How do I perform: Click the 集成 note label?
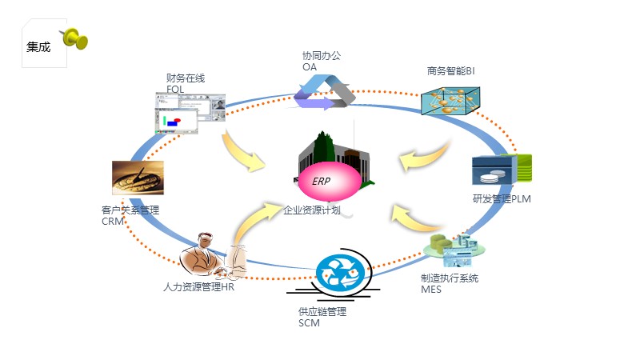pyautogui.click(x=38, y=47)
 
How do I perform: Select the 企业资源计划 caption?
pyautogui.click(x=311, y=210)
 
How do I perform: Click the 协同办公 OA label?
pyautogui.click(x=321, y=62)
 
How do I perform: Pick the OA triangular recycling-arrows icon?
pyautogui.click(x=325, y=91)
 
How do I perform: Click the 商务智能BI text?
pyautogui.click(x=451, y=71)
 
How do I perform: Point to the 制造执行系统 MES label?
pyautogui.click(x=449, y=283)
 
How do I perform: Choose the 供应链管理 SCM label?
pyautogui.click(x=322, y=317)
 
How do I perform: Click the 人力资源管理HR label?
pyautogui.click(x=198, y=286)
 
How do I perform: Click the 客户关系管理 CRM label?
pyautogui.click(x=130, y=215)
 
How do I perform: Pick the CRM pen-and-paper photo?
pyautogui.click(x=138, y=178)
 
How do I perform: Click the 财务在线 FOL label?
pyautogui.click(x=186, y=83)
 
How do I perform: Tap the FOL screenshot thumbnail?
pyautogui.click(x=190, y=113)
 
